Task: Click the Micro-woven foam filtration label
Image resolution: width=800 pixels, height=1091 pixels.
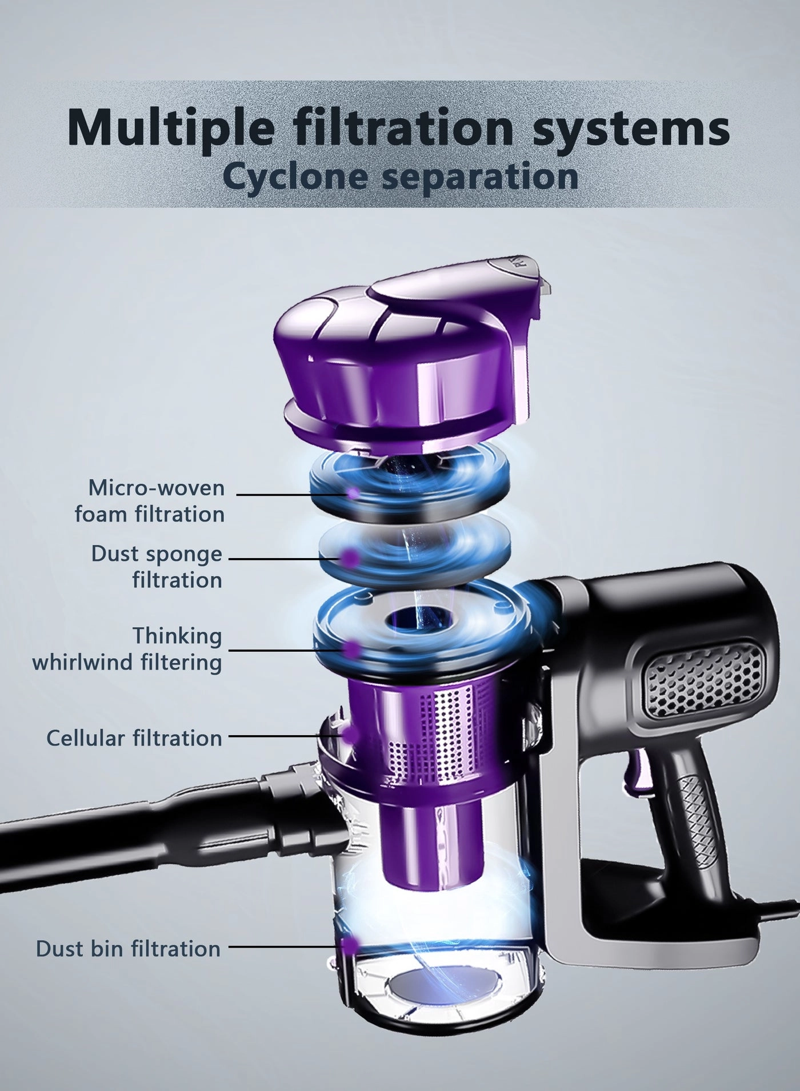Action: pos(150,501)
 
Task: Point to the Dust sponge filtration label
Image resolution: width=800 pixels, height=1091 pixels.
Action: pos(157,567)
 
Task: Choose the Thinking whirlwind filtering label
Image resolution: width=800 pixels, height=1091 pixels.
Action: pos(127,649)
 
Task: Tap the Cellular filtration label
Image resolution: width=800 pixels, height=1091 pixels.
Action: pos(134,737)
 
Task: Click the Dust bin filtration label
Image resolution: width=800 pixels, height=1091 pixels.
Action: pos(128,948)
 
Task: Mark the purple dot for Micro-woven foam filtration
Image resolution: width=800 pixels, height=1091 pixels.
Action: pos(354,492)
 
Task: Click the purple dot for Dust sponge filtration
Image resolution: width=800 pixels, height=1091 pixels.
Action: pos(350,557)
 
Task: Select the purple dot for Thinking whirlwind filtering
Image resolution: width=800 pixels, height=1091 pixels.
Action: pos(351,649)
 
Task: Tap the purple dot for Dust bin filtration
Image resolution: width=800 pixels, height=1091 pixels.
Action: pos(350,945)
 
